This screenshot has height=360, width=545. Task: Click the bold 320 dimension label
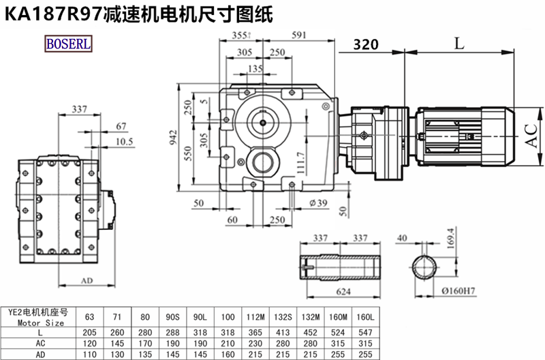pos(366,45)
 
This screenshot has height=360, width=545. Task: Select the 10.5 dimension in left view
pos(123,142)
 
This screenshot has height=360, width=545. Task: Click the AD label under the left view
pos(87,281)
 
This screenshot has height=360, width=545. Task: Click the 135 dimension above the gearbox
pos(255,69)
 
